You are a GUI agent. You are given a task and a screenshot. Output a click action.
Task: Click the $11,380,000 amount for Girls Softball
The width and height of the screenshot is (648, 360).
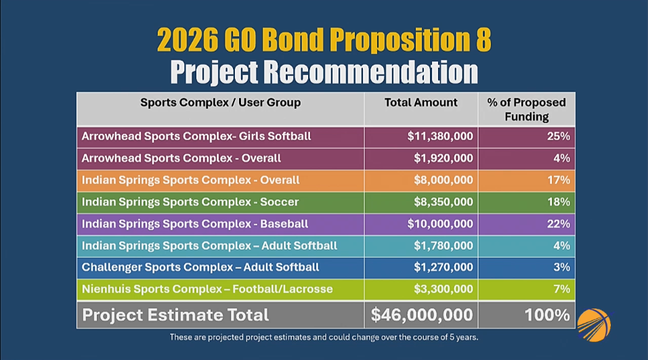[440, 137]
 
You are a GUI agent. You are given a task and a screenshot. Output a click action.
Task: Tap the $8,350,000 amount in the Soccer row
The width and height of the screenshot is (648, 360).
[444, 202]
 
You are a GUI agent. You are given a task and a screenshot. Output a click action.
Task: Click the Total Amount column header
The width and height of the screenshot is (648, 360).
[420, 102]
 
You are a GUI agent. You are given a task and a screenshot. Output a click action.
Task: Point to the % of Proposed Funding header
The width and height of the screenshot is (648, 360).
[527, 110]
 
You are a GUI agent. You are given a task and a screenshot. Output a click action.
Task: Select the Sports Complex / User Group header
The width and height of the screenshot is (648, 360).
[220, 102]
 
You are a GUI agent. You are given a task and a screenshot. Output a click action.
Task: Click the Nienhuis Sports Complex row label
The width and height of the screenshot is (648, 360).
[207, 289]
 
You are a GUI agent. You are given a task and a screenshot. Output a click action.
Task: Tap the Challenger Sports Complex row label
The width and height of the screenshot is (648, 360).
[200, 267]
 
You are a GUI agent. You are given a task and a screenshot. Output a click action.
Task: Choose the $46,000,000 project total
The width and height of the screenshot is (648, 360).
[422, 315]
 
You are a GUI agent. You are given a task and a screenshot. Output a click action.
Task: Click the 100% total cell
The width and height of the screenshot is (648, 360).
[547, 315]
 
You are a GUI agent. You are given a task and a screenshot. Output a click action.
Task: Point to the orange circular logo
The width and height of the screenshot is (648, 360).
[594, 325]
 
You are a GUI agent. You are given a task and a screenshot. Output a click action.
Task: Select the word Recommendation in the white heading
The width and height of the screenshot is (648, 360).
[370, 72]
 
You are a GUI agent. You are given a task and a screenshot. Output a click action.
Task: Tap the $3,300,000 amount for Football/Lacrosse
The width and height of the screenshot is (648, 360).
[444, 289]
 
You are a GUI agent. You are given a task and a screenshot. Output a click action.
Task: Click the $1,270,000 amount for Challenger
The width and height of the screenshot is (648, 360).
[444, 267]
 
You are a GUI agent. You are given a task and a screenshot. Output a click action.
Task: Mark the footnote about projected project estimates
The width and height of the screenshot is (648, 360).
[324, 337]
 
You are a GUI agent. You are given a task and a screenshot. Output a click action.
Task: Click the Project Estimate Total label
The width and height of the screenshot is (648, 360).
[175, 315]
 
